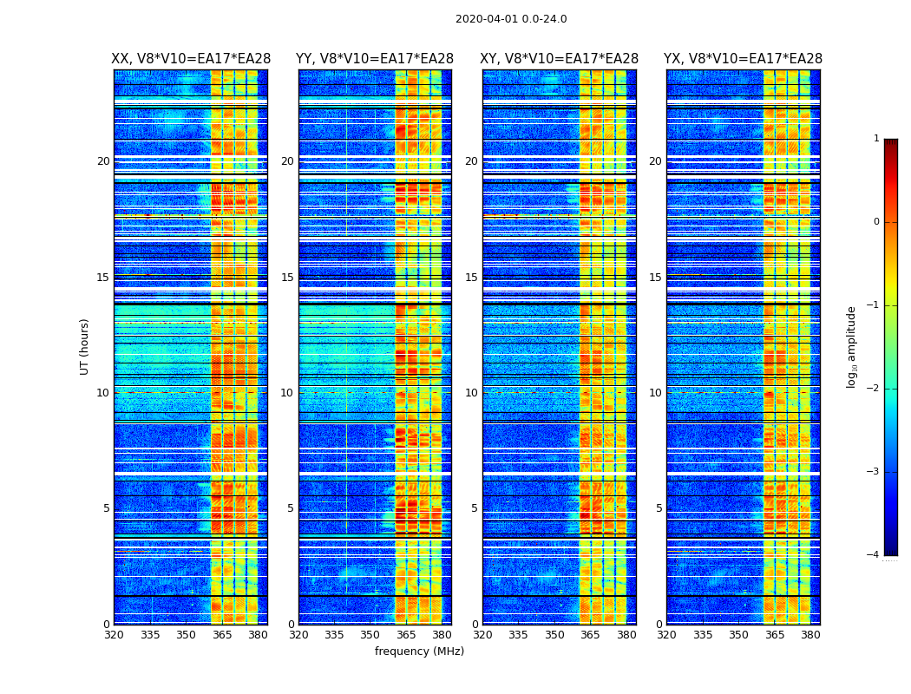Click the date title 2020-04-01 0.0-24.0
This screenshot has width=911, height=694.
[x=511, y=19]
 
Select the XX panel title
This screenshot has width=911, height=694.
[x=191, y=59]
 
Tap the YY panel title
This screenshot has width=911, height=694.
[x=375, y=59]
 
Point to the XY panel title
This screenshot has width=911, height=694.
[x=560, y=59]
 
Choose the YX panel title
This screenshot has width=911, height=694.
[x=743, y=59]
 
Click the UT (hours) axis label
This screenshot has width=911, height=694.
[x=85, y=346]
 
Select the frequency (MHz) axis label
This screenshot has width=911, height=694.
[x=419, y=651]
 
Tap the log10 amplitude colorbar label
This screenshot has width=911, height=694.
[x=852, y=346]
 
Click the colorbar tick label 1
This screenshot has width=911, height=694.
[x=876, y=139]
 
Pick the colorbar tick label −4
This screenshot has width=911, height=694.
[x=874, y=555]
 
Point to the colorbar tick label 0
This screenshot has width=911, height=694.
[x=876, y=222]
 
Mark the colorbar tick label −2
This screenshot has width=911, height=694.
[x=874, y=389]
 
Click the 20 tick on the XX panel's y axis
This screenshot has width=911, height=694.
[x=103, y=161]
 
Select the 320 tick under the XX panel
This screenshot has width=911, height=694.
[x=114, y=635]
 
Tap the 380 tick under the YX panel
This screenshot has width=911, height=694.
[x=810, y=635]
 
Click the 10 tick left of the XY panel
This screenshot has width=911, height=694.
[x=471, y=393]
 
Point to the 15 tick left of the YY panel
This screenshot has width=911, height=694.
[x=287, y=278]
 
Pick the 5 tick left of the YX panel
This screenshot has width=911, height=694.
[x=659, y=508]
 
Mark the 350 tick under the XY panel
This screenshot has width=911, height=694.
[x=554, y=635]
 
